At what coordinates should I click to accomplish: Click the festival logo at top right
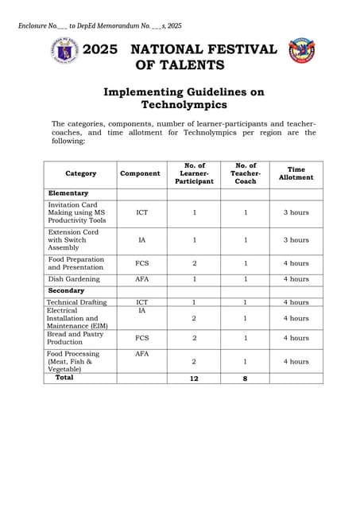coord(302,50)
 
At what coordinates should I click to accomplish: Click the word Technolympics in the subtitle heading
coord(183,104)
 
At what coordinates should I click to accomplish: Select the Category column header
coord(81,173)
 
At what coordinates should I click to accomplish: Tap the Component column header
coord(140,173)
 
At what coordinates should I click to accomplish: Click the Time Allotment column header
coord(296,173)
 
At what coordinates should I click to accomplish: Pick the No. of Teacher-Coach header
coord(246,173)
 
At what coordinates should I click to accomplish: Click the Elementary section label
coord(68,193)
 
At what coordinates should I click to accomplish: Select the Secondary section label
coord(67,291)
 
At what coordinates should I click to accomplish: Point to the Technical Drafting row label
coord(77,302)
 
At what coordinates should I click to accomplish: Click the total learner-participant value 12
coord(194,379)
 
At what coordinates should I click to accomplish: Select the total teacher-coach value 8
coord(245,379)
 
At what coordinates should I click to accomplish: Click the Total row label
coord(64,378)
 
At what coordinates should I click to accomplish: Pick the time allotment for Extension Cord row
coord(296,239)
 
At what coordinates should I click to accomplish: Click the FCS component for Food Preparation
coord(141,263)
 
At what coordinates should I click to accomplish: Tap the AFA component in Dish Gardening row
coord(141,279)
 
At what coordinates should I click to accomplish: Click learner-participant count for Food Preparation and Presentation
coord(194,263)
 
